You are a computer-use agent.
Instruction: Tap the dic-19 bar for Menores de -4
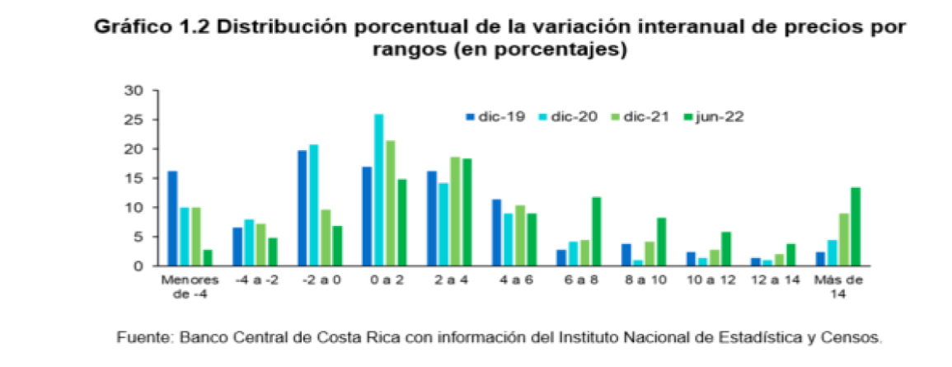click(172, 219)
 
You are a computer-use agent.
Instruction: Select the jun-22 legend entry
click(716, 117)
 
